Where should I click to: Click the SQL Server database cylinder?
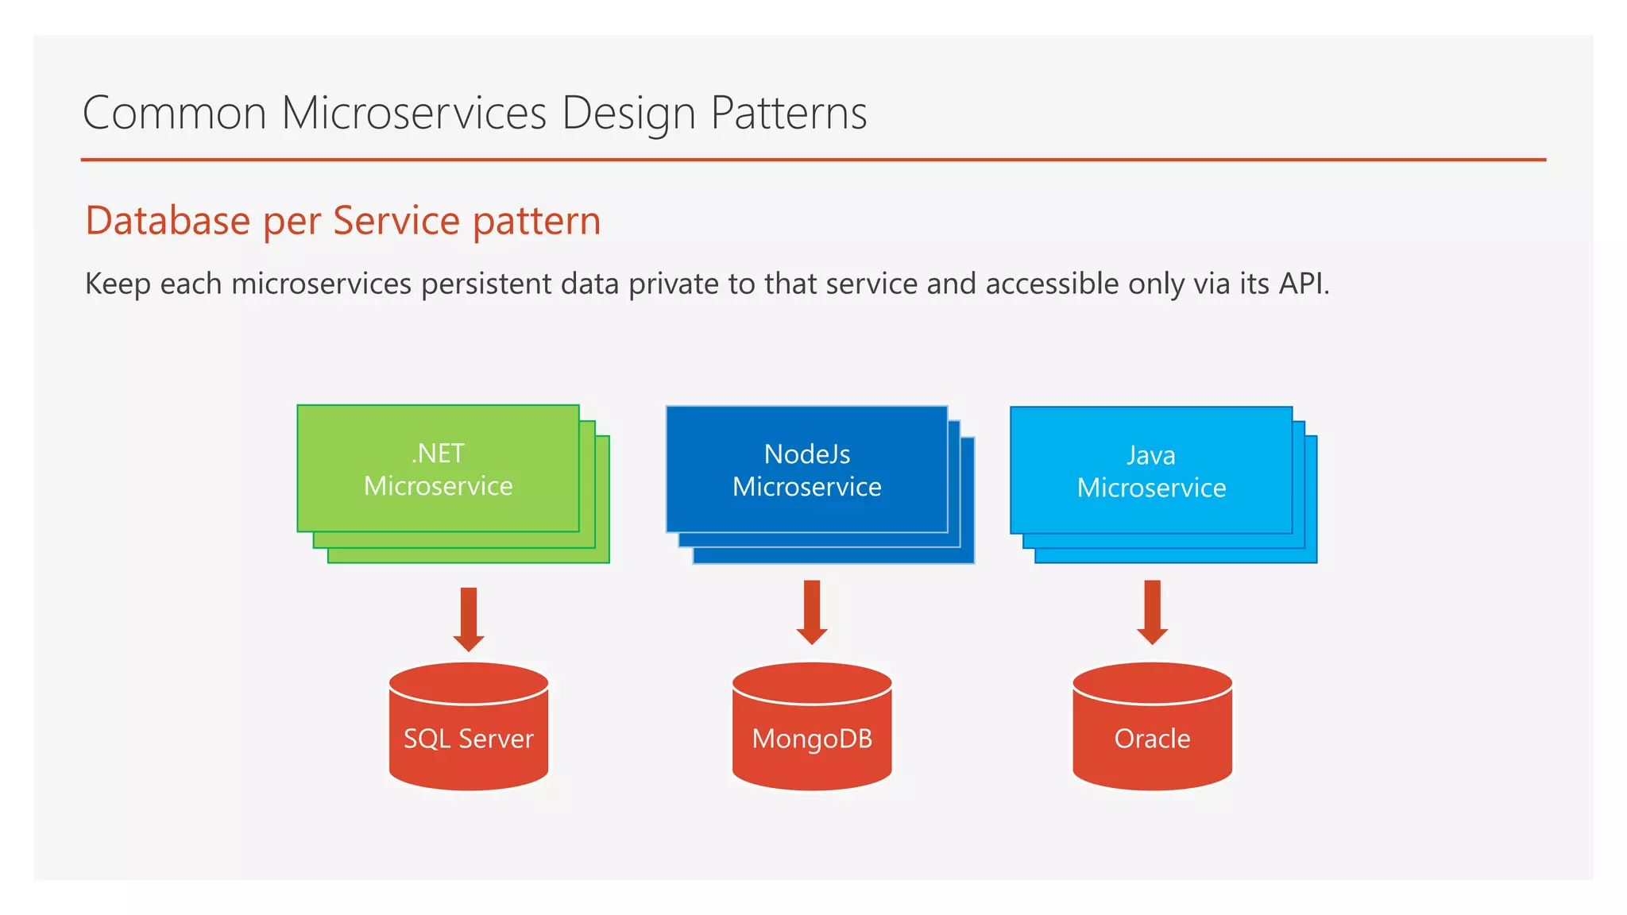coord(469,727)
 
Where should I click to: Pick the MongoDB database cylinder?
coord(812,727)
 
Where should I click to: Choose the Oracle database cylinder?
coord(1152,727)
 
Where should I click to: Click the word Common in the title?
coord(175,113)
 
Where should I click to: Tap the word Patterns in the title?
coord(788,113)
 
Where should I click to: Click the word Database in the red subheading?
coord(168,221)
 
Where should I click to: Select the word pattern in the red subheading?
coord(536,222)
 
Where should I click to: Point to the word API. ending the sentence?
coord(1304,284)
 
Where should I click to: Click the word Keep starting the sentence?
coord(118,284)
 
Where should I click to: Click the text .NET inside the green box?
coord(438,454)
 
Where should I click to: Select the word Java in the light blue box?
coord(1151,456)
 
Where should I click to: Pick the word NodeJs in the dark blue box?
coord(806,454)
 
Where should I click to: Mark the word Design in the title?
coord(628,114)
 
